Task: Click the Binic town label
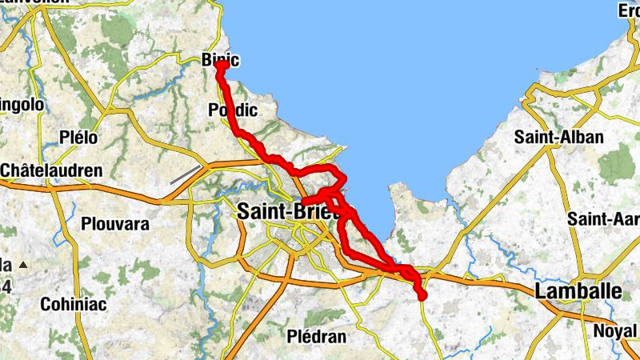coord(221,60)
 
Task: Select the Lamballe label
coord(578,291)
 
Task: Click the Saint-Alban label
coord(559,137)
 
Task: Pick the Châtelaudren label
coord(51,170)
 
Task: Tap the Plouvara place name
coord(115,225)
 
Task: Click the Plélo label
coord(78,138)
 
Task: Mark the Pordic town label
coord(232,109)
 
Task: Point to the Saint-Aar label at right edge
coord(603,218)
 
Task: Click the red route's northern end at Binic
coord(219,66)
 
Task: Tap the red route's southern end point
coord(422,297)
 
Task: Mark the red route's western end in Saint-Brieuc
coord(303,202)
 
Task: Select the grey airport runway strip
coord(185,174)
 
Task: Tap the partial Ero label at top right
coord(629,10)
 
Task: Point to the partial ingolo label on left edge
coord(18,105)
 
